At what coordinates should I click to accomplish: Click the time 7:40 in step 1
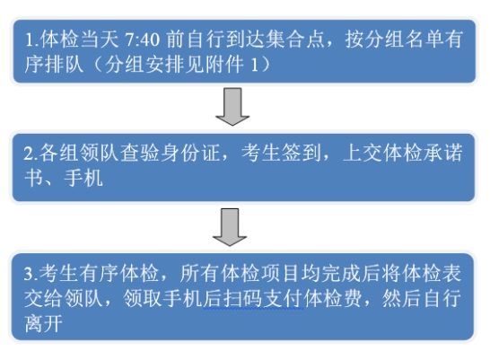click(x=142, y=40)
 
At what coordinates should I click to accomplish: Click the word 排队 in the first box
click(x=64, y=65)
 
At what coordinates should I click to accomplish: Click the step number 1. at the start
click(x=31, y=40)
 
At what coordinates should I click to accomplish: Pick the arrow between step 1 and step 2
click(x=232, y=107)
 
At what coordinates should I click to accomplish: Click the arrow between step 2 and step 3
click(x=230, y=227)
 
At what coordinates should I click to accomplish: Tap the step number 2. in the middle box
click(x=31, y=154)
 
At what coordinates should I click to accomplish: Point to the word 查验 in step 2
click(x=140, y=154)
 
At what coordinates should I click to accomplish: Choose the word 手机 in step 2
click(x=83, y=179)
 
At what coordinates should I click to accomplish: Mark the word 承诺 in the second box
click(x=442, y=154)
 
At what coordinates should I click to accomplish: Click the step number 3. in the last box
click(x=31, y=274)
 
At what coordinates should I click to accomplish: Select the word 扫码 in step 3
click(x=242, y=298)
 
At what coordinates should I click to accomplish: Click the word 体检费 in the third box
click(x=334, y=298)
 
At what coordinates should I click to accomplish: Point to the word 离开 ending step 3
click(x=44, y=323)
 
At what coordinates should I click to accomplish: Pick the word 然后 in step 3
click(x=401, y=298)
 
